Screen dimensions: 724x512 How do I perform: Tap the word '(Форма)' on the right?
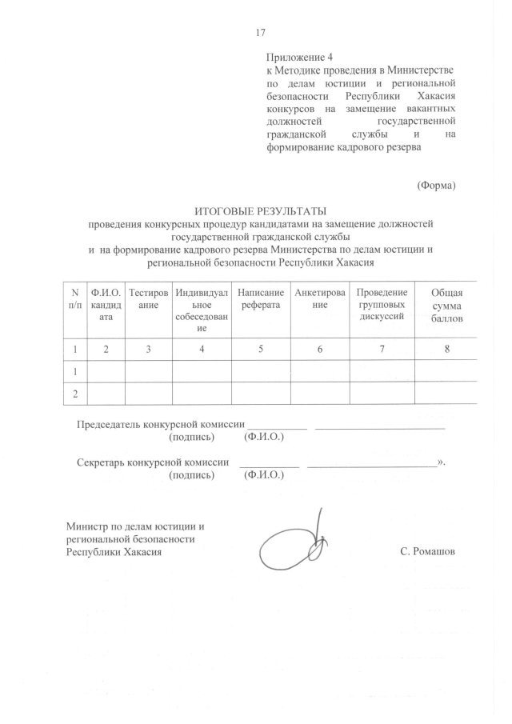[x=436, y=186]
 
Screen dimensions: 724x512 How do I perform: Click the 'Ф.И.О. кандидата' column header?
[x=106, y=304]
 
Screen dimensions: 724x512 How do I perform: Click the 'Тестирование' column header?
[x=149, y=298]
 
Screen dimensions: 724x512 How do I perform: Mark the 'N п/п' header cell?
[x=75, y=298]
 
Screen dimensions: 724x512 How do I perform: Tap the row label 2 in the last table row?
[x=75, y=394]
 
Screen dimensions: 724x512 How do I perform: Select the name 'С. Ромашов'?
[x=427, y=552]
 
